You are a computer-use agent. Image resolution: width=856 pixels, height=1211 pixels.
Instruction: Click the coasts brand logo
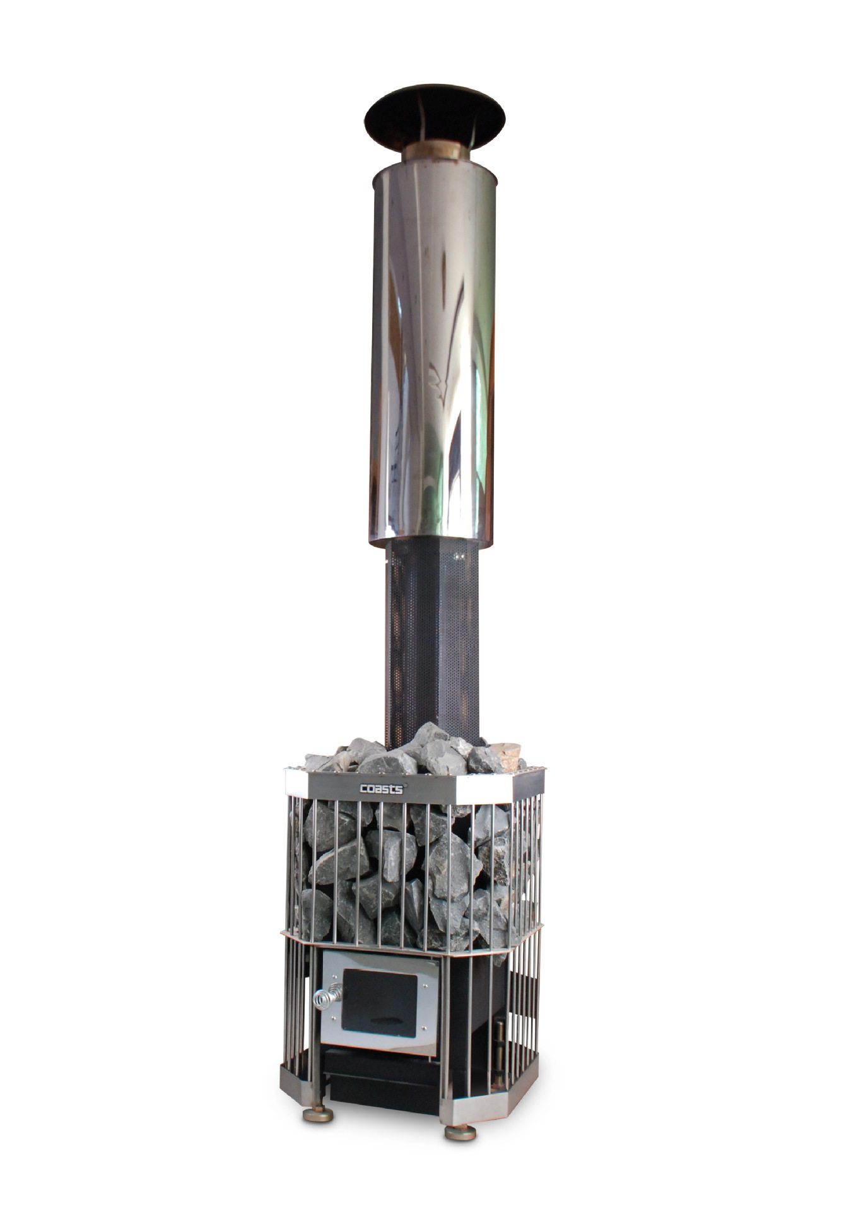pos(383,788)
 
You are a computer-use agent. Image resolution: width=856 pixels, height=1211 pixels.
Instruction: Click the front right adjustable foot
pos(460,1132)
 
